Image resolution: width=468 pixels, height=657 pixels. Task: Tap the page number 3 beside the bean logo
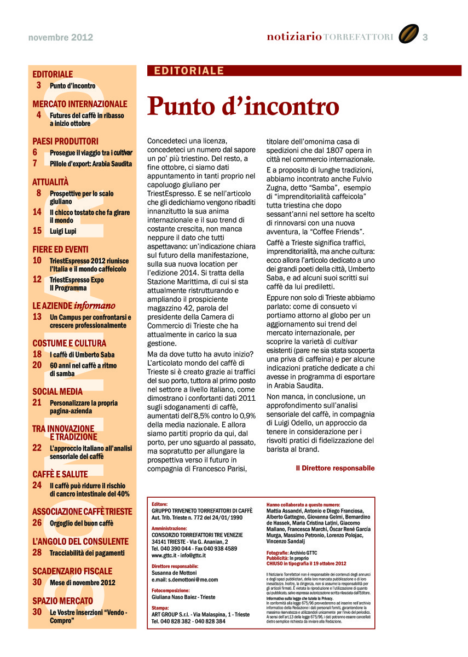tap(425, 37)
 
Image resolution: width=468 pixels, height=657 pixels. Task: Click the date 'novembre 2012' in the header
tap(61, 38)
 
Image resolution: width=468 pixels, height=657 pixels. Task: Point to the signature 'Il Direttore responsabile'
tap(335, 468)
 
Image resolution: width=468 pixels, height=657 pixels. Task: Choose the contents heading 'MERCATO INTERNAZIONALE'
tap(80, 104)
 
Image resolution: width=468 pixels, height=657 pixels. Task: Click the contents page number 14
tap(37, 211)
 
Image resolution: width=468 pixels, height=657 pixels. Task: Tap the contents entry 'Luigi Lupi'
tap(63, 231)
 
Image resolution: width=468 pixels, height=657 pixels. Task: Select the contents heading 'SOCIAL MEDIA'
tap(57, 391)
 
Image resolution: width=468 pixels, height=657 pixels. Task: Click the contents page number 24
tap(37, 485)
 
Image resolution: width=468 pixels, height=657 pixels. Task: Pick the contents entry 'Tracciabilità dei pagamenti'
tap(87, 553)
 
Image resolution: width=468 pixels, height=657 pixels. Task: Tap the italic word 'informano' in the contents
tap(95, 306)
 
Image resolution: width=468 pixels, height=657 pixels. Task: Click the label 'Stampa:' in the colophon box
tap(160, 608)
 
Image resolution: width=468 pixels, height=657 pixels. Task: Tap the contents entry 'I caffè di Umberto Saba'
tap(82, 354)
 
